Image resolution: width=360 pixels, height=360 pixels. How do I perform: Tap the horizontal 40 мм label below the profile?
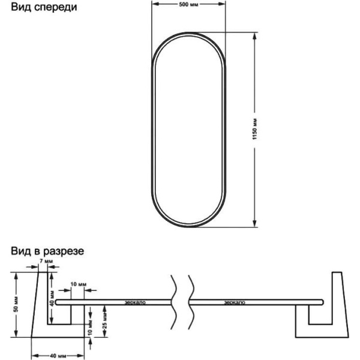tap(58, 356)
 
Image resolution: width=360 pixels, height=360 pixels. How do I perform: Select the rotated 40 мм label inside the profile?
tap(53, 293)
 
